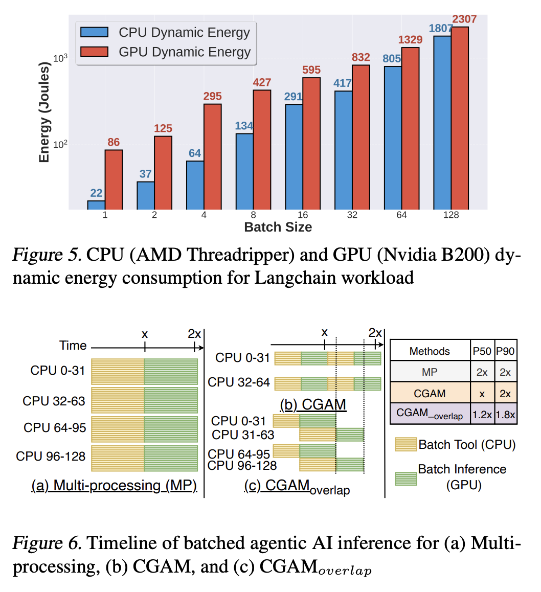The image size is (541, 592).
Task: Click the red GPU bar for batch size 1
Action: pyautogui.click(x=114, y=179)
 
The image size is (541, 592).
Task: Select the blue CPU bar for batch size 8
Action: pyautogui.click(x=244, y=171)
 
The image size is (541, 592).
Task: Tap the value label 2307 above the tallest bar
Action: pyautogui.click(x=464, y=19)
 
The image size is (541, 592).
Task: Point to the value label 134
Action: pyautogui.click(x=244, y=126)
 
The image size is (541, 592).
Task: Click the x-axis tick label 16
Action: pyautogui.click(x=303, y=215)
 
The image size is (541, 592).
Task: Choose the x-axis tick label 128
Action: pyautogui.click(x=451, y=215)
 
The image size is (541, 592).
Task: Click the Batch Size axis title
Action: pyautogui.click(x=278, y=227)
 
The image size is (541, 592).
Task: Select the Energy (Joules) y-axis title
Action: pyautogui.click(x=44, y=111)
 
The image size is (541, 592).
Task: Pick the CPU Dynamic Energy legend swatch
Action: pyautogui.click(x=95, y=32)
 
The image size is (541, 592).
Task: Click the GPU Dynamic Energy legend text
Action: pyautogui.click(x=185, y=52)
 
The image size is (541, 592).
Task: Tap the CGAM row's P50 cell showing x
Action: pyautogui.click(x=482, y=394)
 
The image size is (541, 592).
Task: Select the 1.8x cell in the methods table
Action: pyautogui.click(x=505, y=414)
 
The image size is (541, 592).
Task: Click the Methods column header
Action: pyautogui.click(x=430, y=351)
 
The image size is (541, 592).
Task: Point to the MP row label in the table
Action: pyautogui.click(x=430, y=372)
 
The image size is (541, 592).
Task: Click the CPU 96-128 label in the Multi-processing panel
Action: pyautogui.click(x=51, y=456)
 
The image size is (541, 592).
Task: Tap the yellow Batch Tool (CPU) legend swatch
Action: pyautogui.click(x=405, y=444)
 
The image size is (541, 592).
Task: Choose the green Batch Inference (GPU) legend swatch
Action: pyautogui.click(x=405, y=477)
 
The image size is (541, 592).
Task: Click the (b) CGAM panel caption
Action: pyautogui.click(x=313, y=405)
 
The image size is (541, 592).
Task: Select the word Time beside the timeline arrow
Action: pyautogui.click(x=73, y=346)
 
